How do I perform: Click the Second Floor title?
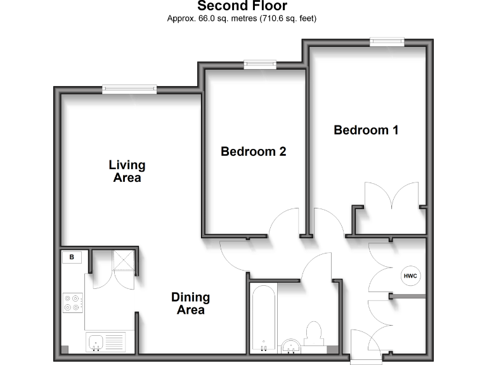(242, 6)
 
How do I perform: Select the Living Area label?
(127, 171)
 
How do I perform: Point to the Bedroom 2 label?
(253, 151)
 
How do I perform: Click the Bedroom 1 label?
(366, 130)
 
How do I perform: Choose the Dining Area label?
(190, 304)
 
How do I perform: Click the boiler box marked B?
(72, 257)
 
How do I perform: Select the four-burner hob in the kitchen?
(72, 303)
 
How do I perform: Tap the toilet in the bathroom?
(313, 334)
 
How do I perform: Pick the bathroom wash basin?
(290, 345)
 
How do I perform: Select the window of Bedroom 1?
(387, 41)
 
